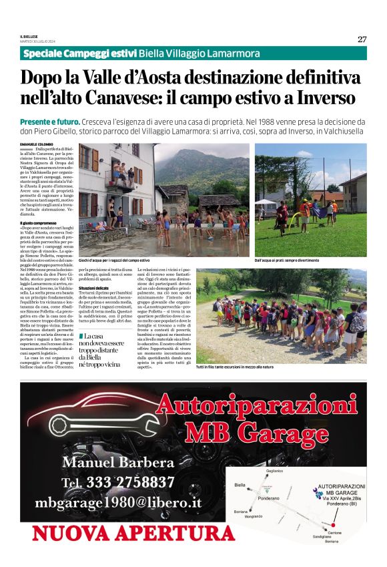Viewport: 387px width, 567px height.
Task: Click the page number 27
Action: (362, 39)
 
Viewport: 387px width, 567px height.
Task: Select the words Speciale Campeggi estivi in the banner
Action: (79, 53)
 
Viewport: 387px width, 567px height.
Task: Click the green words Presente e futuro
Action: (50, 122)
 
